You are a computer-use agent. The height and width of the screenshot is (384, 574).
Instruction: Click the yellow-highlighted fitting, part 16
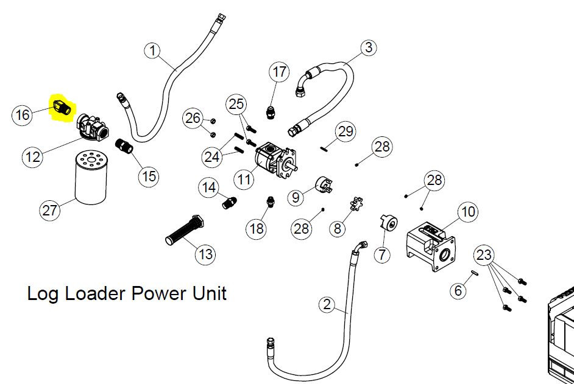[x=61, y=106]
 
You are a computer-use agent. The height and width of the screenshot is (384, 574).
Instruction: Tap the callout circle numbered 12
[x=32, y=157]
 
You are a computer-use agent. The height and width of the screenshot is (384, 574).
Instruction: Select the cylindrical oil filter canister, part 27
[x=91, y=178]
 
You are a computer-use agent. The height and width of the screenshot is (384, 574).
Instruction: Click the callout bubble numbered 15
[x=149, y=176]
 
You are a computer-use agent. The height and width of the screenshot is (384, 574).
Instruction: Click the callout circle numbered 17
[x=279, y=72]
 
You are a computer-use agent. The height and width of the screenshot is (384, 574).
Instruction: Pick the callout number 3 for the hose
[x=369, y=47]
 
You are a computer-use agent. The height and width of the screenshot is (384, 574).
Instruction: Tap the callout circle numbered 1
[x=153, y=50]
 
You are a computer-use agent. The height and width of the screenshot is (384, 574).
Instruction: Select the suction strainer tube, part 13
[x=185, y=231]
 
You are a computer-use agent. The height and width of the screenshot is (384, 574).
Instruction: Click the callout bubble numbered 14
[x=209, y=187]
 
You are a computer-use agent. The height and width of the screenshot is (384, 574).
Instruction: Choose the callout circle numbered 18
[x=257, y=229]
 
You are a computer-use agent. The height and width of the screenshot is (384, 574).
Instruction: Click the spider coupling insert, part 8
[x=356, y=204]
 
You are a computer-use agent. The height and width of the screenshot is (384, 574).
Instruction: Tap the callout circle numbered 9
[x=296, y=197]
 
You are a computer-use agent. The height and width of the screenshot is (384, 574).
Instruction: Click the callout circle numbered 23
[x=484, y=255]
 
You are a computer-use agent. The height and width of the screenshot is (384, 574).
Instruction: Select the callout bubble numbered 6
[x=458, y=290]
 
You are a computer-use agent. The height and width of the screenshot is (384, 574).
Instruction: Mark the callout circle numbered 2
[x=327, y=304]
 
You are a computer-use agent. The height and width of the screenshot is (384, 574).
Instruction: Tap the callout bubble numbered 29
[x=345, y=131]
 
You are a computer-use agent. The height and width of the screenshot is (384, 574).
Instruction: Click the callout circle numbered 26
[x=193, y=118]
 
